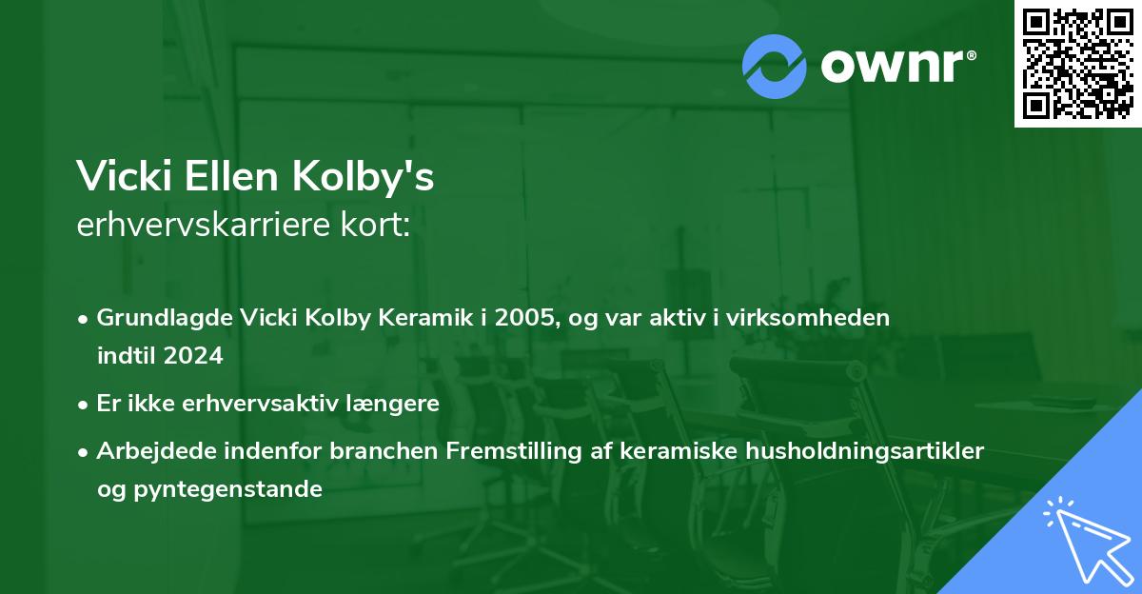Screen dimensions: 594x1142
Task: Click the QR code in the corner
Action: (x=1077, y=64)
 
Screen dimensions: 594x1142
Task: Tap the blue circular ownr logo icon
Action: (x=775, y=67)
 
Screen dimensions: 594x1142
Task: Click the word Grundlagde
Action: (x=156, y=318)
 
